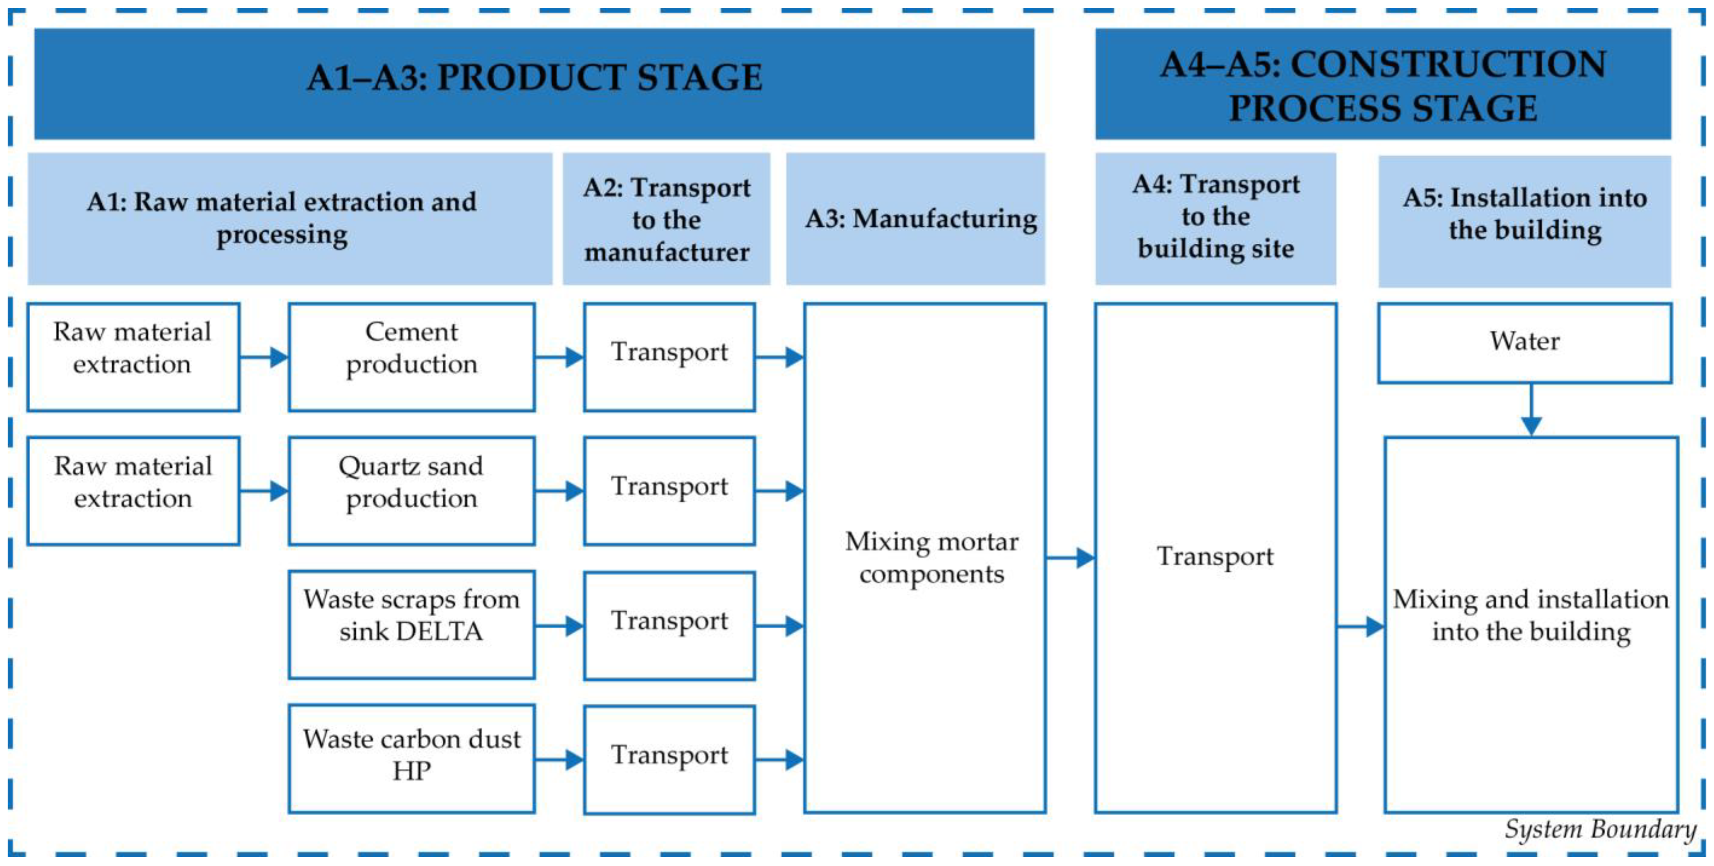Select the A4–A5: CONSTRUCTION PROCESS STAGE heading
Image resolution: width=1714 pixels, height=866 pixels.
[x=1382, y=85]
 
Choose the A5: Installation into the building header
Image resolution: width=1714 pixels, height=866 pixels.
[x=1524, y=214]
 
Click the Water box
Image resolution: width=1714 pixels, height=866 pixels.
[x=1524, y=342]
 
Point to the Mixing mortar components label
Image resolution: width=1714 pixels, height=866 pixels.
[x=931, y=557]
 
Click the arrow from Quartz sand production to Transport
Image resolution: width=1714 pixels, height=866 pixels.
[x=559, y=491]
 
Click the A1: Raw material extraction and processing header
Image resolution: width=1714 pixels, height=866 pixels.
[x=282, y=218]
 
